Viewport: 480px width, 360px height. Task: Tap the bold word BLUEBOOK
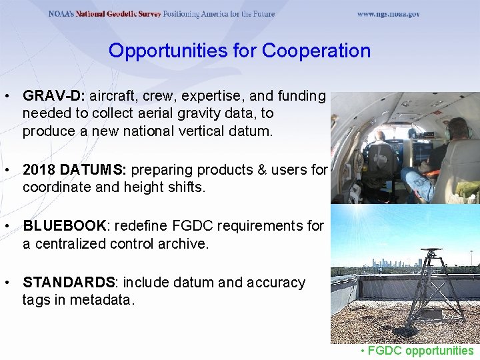click(x=64, y=227)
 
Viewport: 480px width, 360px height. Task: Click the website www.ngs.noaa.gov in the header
click(x=388, y=14)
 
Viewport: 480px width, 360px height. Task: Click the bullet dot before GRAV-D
click(x=7, y=97)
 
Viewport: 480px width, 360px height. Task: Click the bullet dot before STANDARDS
click(x=7, y=283)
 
